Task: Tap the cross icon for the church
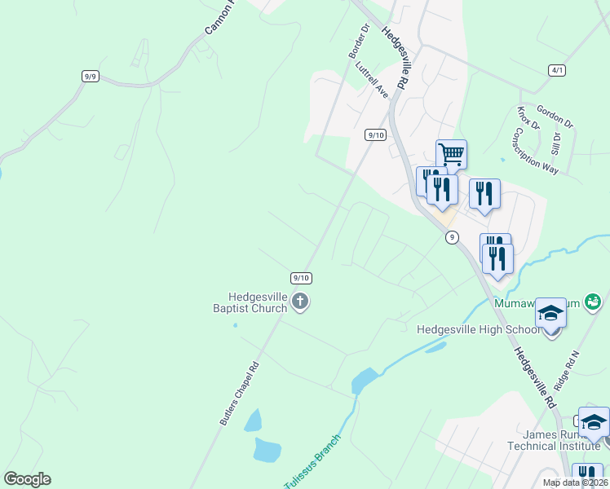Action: click(x=299, y=302)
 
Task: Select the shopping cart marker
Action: click(x=451, y=153)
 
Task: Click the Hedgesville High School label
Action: click(x=477, y=329)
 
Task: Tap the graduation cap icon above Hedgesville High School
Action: click(x=551, y=314)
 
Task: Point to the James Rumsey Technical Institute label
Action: click(x=554, y=439)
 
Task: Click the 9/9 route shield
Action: click(x=91, y=77)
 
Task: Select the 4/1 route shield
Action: click(x=557, y=70)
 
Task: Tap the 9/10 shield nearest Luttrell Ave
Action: click(x=375, y=134)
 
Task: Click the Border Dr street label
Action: click(x=359, y=40)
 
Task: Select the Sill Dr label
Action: click(x=557, y=143)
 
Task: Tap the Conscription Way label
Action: click(x=535, y=152)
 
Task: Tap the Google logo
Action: click(x=27, y=479)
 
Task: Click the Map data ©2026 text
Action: click(x=574, y=482)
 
